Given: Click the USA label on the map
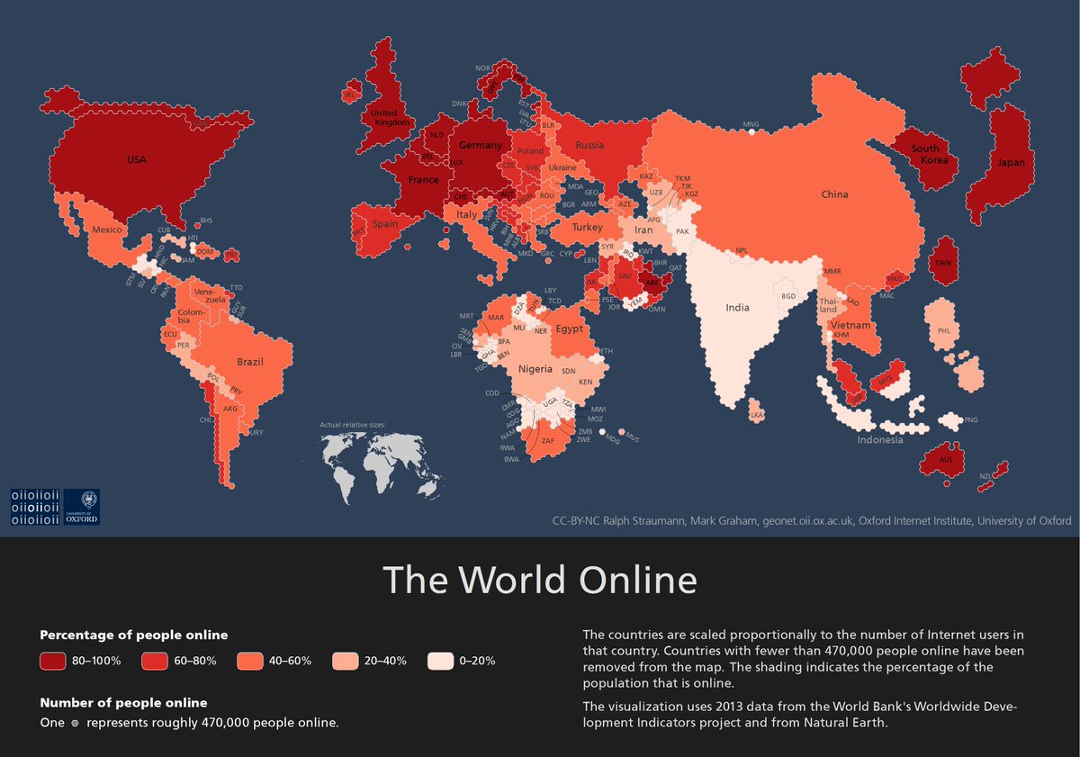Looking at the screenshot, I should coord(137,160).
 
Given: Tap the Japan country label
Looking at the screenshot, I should coord(1004,163).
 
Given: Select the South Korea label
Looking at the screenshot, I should coord(924,154).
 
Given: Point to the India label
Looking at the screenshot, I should coord(737,308).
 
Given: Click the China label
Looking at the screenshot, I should coord(834,194).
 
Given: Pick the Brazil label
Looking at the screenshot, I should coord(250,362).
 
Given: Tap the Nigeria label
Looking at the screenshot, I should coord(535,369).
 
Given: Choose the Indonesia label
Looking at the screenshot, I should coord(879,440).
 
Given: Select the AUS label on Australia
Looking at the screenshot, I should coord(945,459).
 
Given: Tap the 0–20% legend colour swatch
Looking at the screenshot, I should coord(440,661).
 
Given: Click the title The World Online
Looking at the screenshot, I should coord(540,581).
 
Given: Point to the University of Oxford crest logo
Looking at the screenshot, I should coord(82,507).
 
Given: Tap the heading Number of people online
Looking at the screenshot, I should coord(123,702).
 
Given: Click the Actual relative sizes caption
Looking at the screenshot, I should coord(356,424).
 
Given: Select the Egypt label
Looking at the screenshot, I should coord(569,329).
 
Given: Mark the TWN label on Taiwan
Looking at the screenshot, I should coord(943,263).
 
